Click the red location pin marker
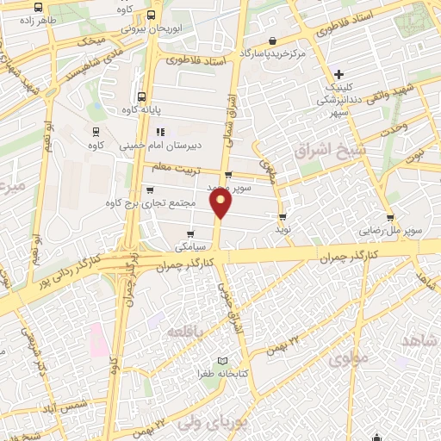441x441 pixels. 221,203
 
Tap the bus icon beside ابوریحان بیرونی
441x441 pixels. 152,15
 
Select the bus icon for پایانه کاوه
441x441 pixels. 141,96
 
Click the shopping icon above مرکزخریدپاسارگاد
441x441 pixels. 272,40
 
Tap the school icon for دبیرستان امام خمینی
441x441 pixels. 159,132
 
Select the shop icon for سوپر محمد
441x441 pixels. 227,176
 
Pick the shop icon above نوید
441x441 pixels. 282,217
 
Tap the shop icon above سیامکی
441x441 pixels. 190,233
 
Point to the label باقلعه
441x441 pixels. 186,332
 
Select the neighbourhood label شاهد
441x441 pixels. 420,340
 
